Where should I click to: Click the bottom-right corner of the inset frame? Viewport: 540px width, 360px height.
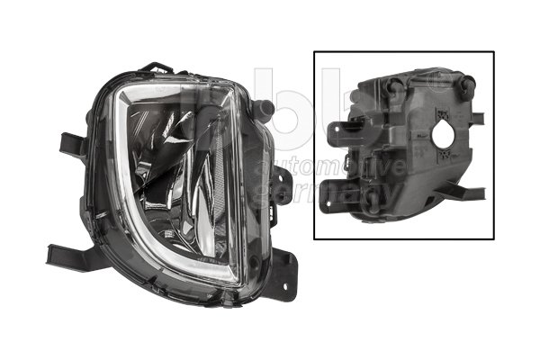pyautogui.click(x=493, y=238)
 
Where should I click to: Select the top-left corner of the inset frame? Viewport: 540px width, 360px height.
pyautogui.click(x=314, y=51)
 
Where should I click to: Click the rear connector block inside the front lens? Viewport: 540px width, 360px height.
pyautogui.click(x=205, y=121)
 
